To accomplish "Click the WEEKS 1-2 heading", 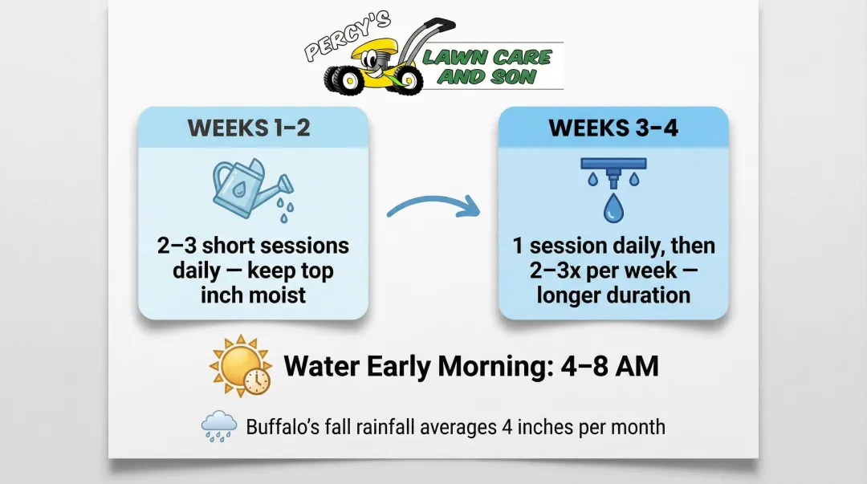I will (249, 128).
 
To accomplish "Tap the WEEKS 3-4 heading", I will (613, 128).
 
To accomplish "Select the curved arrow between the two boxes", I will (433, 207).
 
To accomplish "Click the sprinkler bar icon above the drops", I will (613, 165).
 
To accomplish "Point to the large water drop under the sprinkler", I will (613, 207).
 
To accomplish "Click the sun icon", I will (238, 364).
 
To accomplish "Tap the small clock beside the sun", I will (258, 381).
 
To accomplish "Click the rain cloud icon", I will (219, 425).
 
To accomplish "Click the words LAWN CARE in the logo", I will (487, 57).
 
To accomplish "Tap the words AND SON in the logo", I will (486, 77).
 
